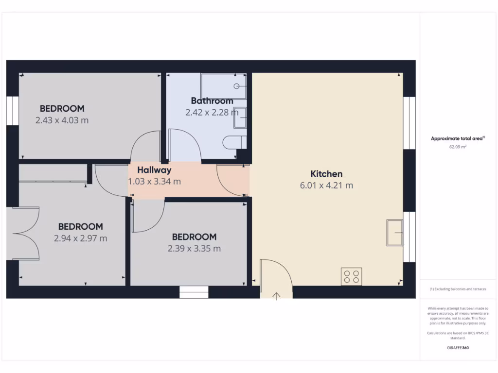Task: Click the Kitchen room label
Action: pyautogui.click(x=326, y=174)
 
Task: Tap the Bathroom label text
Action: pyautogui.click(x=212, y=101)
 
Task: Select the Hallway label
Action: pyautogui.click(x=154, y=170)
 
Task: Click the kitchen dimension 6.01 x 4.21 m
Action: pyautogui.click(x=326, y=185)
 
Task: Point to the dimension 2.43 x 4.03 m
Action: pyautogui.click(x=62, y=120)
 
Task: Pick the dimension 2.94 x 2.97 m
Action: pyautogui.click(x=81, y=238)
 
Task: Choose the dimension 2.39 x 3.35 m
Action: pyautogui.click(x=194, y=249)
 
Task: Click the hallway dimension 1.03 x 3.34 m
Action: pyautogui.click(x=154, y=182)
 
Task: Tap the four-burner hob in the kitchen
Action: pyautogui.click(x=351, y=276)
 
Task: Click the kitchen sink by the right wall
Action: pyautogui.click(x=394, y=233)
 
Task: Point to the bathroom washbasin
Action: pyautogui.click(x=240, y=118)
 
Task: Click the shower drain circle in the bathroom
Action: pyautogui.click(x=237, y=86)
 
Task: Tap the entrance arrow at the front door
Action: pyautogui.click(x=276, y=296)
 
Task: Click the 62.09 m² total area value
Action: pyautogui.click(x=458, y=146)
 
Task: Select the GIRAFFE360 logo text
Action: pyautogui.click(x=458, y=348)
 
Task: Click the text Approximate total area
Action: pyautogui.click(x=457, y=138)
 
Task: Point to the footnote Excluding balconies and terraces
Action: pyautogui.click(x=458, y=289)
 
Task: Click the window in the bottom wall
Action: pyautogui.click(x=194, y=292)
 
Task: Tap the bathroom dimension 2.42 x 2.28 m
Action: pyautogui.click(x=212, y=112)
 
